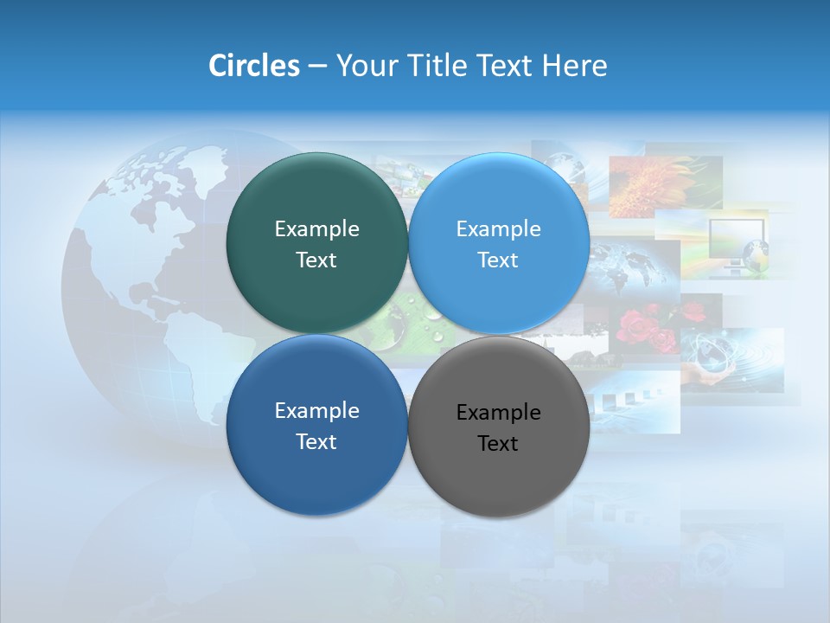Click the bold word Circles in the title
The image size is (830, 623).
[253, 66]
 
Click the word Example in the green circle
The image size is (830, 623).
[316, 229]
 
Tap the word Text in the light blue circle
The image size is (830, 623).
[498, 260]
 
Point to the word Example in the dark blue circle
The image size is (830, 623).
[316, 411]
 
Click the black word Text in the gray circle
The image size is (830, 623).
[498, 444]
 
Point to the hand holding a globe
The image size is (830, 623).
[718, 368]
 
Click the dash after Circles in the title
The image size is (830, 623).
[317, 66]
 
